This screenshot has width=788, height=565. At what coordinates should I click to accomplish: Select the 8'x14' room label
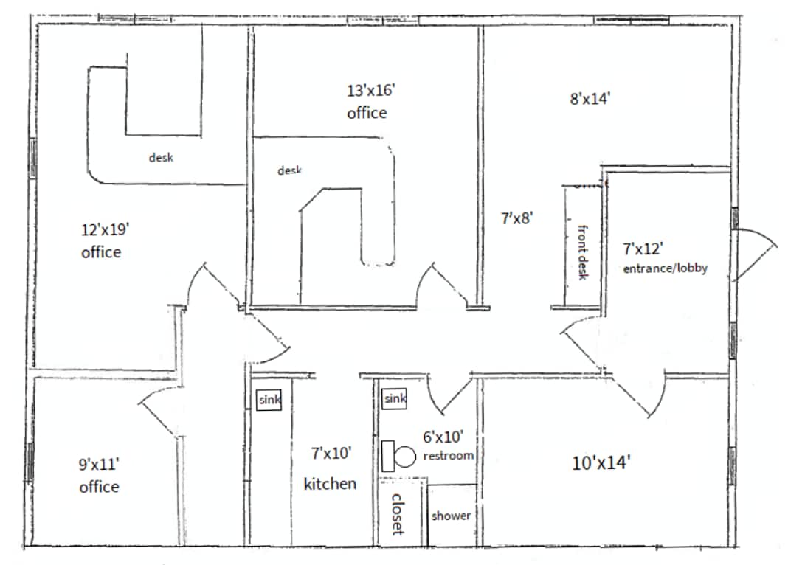pos(590,100)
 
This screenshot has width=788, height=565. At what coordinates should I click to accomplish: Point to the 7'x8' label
pos(516,218)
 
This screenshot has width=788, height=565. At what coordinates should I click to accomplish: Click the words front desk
pos(582,251)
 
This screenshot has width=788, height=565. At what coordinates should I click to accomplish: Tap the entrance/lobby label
pos(665,268)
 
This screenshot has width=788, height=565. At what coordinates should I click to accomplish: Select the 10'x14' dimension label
pos(601,463)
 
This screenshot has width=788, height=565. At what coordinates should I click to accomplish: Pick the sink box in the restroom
pos(395,399)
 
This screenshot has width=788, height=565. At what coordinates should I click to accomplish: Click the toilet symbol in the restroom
pos(399,457)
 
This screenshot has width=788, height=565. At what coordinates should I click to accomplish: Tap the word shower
pos(450,516)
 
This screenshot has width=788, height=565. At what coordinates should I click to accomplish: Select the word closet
pos(397,514)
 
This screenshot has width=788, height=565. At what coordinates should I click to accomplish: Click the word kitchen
pos(330,484)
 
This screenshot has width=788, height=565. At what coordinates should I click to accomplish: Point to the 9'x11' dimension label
pos(99,465)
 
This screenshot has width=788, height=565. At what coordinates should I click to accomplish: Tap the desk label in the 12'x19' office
pos(161,157)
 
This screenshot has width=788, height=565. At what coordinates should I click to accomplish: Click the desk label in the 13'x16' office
pos(290,170)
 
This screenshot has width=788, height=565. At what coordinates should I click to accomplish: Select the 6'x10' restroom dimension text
pos(443,436)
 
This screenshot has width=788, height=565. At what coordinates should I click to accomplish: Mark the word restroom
pos(448,456)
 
